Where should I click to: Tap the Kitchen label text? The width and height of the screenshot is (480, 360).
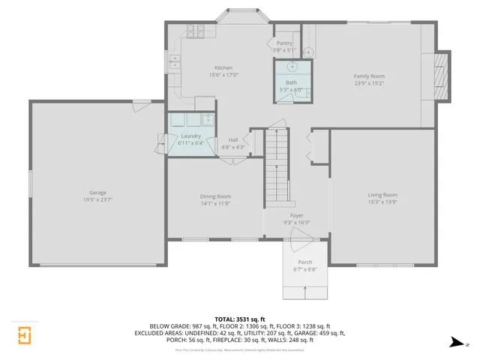click(223, 67)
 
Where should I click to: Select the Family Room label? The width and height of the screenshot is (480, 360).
click(369, 76)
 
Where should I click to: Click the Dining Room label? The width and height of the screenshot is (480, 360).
click(215, 196)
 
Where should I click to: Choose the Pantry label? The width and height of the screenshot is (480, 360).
click(284, 43)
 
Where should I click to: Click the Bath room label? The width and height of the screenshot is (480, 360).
click(291, 82)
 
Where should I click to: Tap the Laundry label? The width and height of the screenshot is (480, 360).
click(191, 136)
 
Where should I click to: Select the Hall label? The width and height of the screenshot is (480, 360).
click(233, 139)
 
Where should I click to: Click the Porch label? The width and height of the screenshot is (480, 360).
click(304, 262)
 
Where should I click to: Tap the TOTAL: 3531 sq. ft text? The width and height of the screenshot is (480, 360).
click(239, 319)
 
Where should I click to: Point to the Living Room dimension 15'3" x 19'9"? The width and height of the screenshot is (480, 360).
click(382, 202)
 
